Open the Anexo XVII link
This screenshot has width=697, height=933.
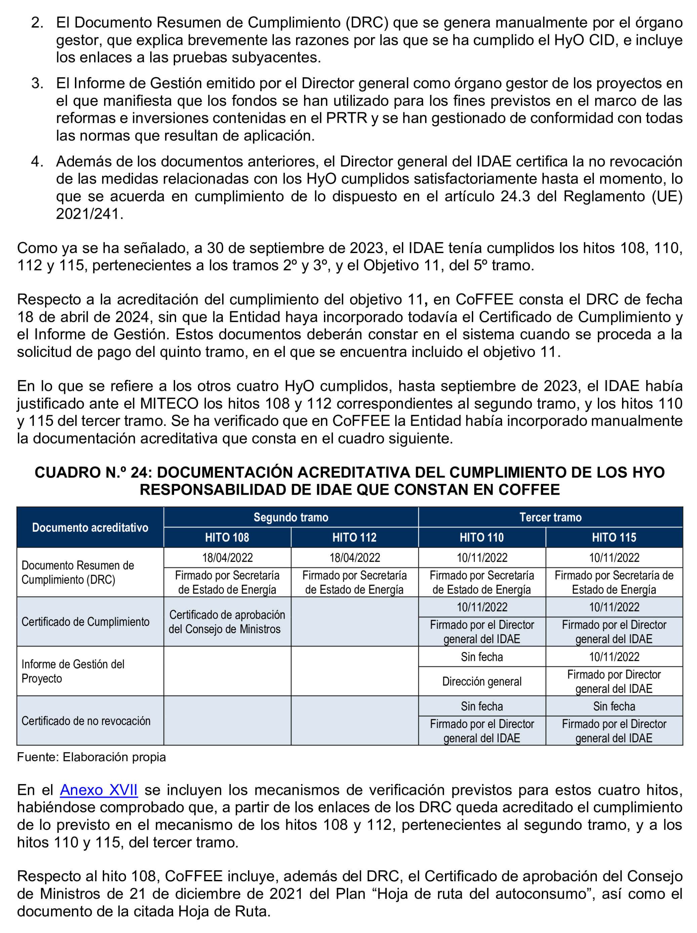click(99, 789)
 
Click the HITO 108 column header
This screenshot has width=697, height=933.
click(227, 537)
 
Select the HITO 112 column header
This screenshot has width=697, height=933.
click(354, 537)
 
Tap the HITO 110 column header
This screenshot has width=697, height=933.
click(482, 537)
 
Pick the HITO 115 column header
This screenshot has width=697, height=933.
click(614, 537)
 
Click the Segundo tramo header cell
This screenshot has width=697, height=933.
click(291, 517)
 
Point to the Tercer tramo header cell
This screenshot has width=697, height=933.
click(550, 517)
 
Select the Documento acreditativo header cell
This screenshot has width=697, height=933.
click(90, 527)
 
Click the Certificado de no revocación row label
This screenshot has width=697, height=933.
click(86, 721)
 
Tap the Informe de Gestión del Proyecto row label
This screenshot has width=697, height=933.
click(73, 671)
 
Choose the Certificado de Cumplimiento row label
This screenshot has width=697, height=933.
click(86, 622)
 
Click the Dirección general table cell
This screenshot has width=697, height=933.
click(482, 681)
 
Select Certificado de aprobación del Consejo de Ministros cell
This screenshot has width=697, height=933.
click(227, 622)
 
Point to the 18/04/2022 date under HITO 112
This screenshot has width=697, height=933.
click(354, 558)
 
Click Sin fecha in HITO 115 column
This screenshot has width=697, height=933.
click(614, 706)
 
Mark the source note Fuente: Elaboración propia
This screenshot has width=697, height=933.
click(91, 757)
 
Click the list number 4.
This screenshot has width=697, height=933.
click(37, 162)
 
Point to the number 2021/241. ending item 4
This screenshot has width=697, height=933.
click(90, 214)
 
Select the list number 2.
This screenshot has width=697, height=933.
click(37, 23)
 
